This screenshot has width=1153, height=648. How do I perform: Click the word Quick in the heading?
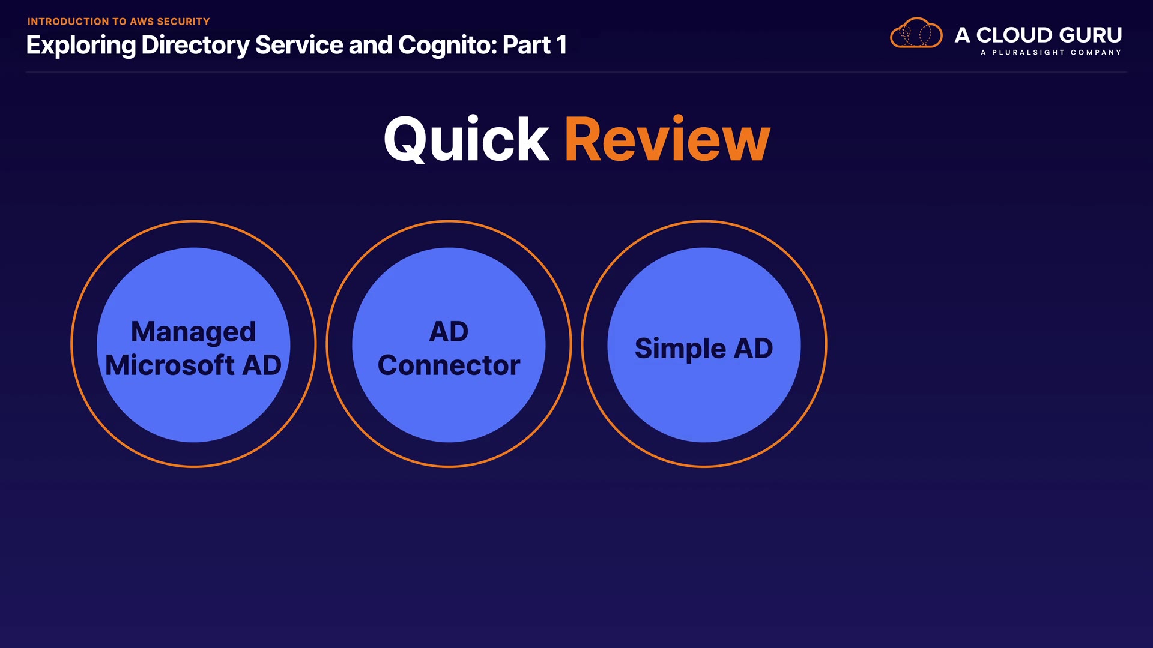pos(467,140)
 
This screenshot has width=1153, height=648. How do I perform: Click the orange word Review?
pos(667,139)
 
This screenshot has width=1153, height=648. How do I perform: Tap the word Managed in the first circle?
pos(193,332)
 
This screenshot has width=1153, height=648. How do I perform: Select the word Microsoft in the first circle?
pos(170,365)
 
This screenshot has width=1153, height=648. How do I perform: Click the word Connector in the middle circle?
pos(449,365)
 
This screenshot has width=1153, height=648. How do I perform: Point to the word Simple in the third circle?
pos(680,349)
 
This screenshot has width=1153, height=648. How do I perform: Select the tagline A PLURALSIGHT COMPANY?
pos(1051,53)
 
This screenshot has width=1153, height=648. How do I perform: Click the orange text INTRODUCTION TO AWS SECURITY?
pos(118,22)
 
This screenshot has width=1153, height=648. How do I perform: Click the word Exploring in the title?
pos(81,46)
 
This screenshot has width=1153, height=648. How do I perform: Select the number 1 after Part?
pos(561,45)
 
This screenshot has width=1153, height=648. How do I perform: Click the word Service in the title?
pos(299,45)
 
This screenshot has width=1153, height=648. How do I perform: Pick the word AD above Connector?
pos(449,332)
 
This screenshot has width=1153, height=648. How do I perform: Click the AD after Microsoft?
pos(261,365)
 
